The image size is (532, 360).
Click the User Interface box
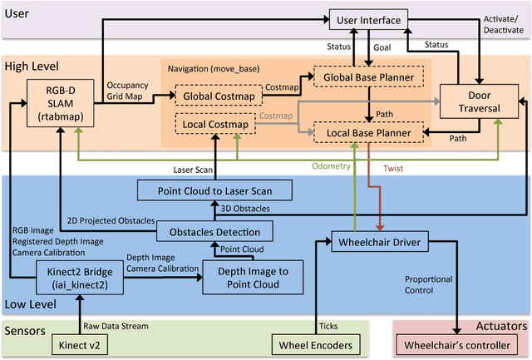[368, 18]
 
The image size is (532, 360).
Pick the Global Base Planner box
[367, 76]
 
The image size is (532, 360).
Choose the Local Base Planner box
[367, 131]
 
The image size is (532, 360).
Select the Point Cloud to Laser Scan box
[214, 190]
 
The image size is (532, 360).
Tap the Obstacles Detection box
[214, 232]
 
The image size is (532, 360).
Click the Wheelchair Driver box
[381, 244]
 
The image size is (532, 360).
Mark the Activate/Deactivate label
[501, 23]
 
